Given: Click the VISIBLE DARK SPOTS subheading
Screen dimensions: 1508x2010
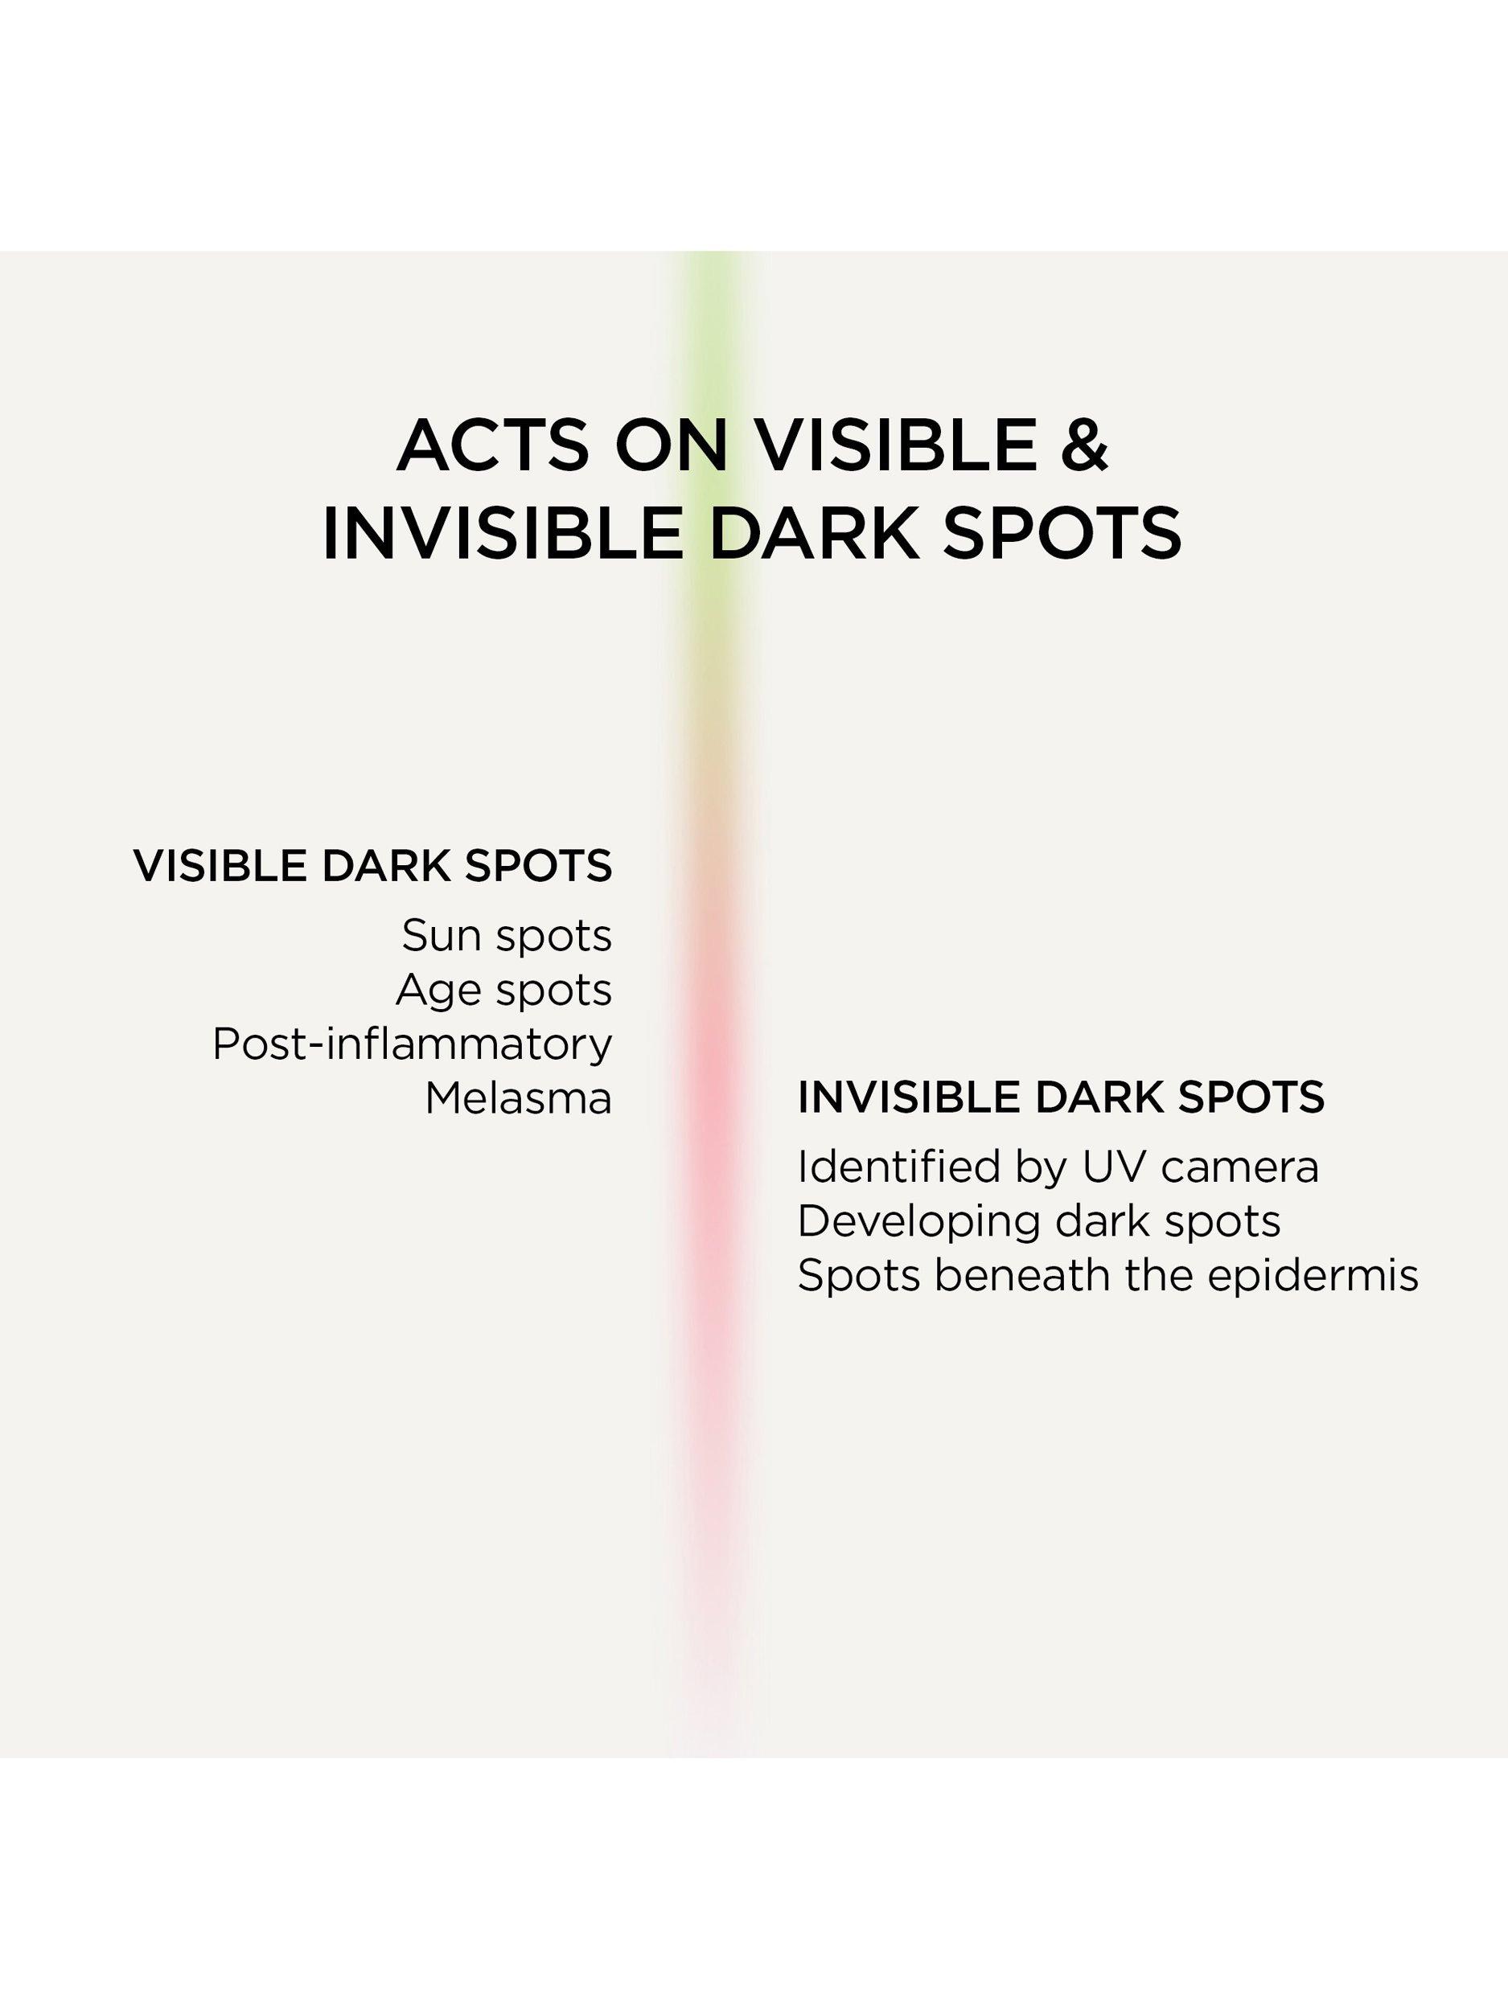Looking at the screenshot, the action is click(x=372, y=865).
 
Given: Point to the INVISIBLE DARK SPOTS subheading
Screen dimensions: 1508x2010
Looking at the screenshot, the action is click(x=1061, y=1097).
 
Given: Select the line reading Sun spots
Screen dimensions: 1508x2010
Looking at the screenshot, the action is click(x=507, y=936).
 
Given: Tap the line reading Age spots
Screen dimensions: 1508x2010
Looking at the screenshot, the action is click(x=503, y=991).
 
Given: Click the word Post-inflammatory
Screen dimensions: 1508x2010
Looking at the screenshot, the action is click(x=413, y=1044).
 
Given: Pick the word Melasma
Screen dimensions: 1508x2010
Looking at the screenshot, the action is click(x=518, y=1098).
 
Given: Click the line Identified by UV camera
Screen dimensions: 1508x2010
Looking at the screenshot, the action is click(x=1058, y=1167).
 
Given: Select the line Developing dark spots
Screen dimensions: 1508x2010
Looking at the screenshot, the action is click(x=1039, y=1222).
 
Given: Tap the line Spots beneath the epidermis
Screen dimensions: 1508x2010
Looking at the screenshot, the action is click(x=1108, y=1276).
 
